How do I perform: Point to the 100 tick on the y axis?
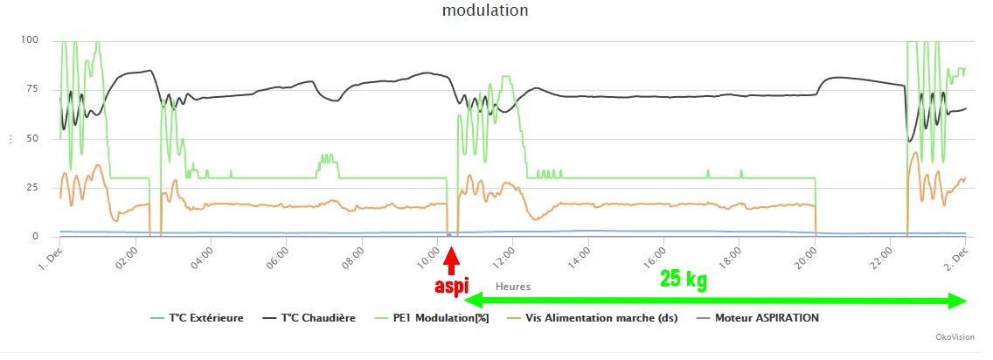tap(29, 40)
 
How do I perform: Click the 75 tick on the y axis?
tap(32, 89)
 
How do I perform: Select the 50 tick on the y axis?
tap(32, 138)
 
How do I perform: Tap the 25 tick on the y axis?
tap(32, 188)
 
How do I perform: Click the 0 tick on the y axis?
tap(35, 237)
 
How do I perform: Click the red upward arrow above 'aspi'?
tap(451, 260)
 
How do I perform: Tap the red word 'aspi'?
tap(452, 286)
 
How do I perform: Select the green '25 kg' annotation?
tap(684, 280)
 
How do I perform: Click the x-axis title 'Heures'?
tap(513, 286)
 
